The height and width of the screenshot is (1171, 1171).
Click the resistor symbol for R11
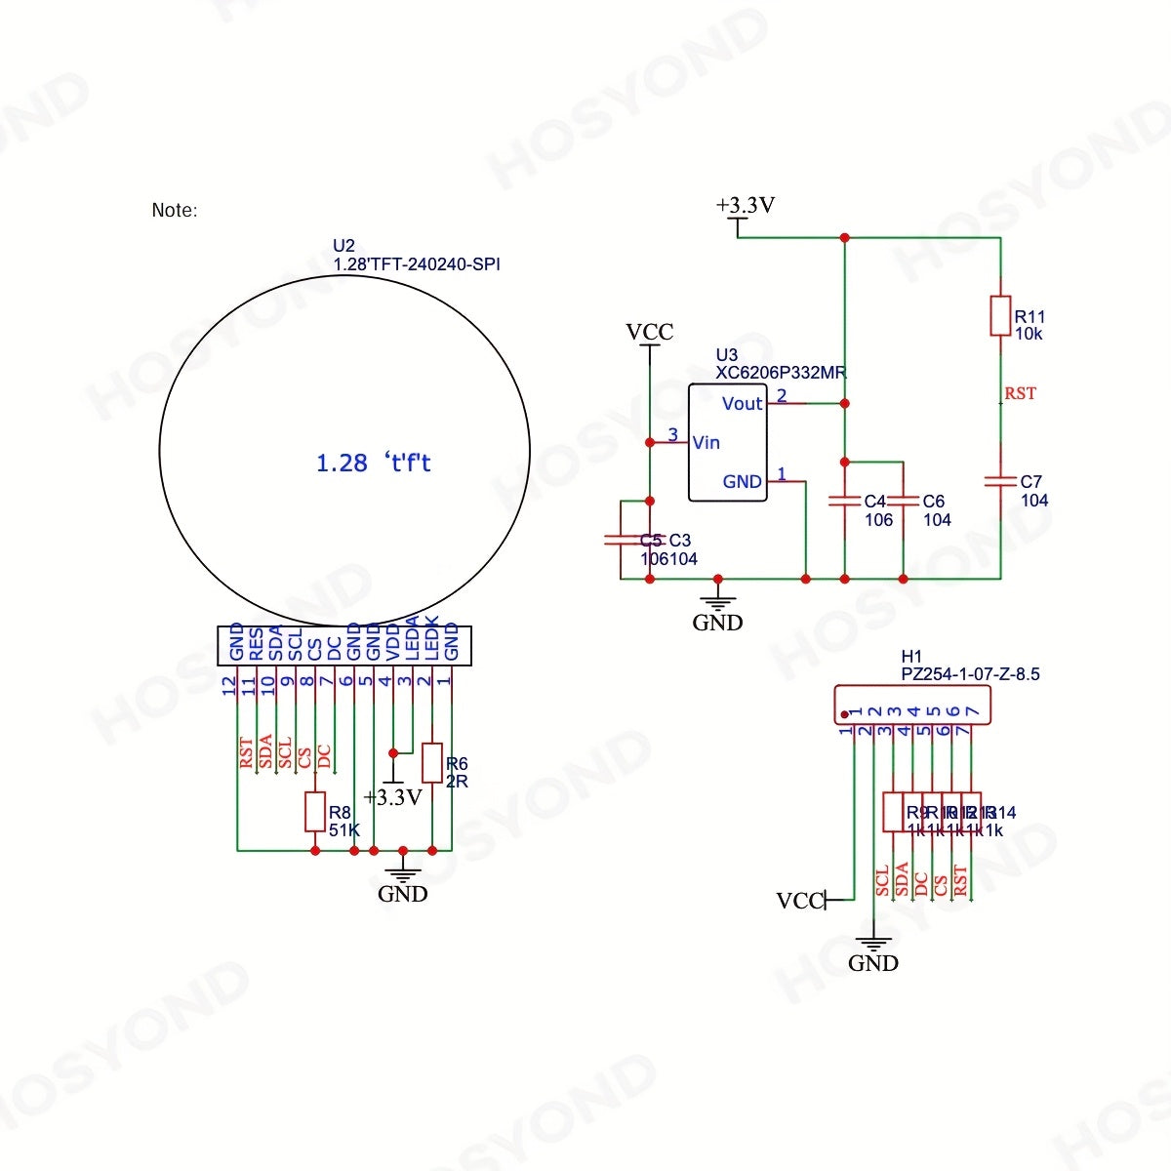tap(1000, 315)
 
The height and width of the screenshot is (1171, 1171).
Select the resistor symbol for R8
tap(314, 812)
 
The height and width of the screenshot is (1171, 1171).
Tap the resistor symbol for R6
tap(431, 762)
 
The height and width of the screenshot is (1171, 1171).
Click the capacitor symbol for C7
tap(1000, 480)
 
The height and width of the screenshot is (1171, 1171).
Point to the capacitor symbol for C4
tap(844, 501)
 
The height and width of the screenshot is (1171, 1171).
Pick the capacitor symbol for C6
tap(903, 501)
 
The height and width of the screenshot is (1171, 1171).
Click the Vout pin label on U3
tap(742, 404)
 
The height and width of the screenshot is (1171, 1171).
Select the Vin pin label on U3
tap(706, 443)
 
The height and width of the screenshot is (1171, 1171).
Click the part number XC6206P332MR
tap(781, 373)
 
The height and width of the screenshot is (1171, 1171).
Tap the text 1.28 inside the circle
tap(342, 464)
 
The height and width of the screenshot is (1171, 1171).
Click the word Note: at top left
tap(175, 210)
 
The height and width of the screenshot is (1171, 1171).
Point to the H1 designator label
tap(910, 657)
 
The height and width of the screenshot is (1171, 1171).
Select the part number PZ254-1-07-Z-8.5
tap(970, 674)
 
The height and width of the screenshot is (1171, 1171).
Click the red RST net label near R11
tap(1020, 393)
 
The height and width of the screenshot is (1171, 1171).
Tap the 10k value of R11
tap(1029, 334)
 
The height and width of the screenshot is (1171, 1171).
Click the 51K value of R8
tap(343, 830)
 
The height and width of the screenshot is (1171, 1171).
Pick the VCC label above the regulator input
tap(650, 333)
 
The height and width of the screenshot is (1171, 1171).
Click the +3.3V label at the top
tap(746, 206)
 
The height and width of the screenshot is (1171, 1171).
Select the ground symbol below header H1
tap(872, 946)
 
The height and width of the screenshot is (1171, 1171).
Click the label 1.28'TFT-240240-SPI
tap(417, 264)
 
